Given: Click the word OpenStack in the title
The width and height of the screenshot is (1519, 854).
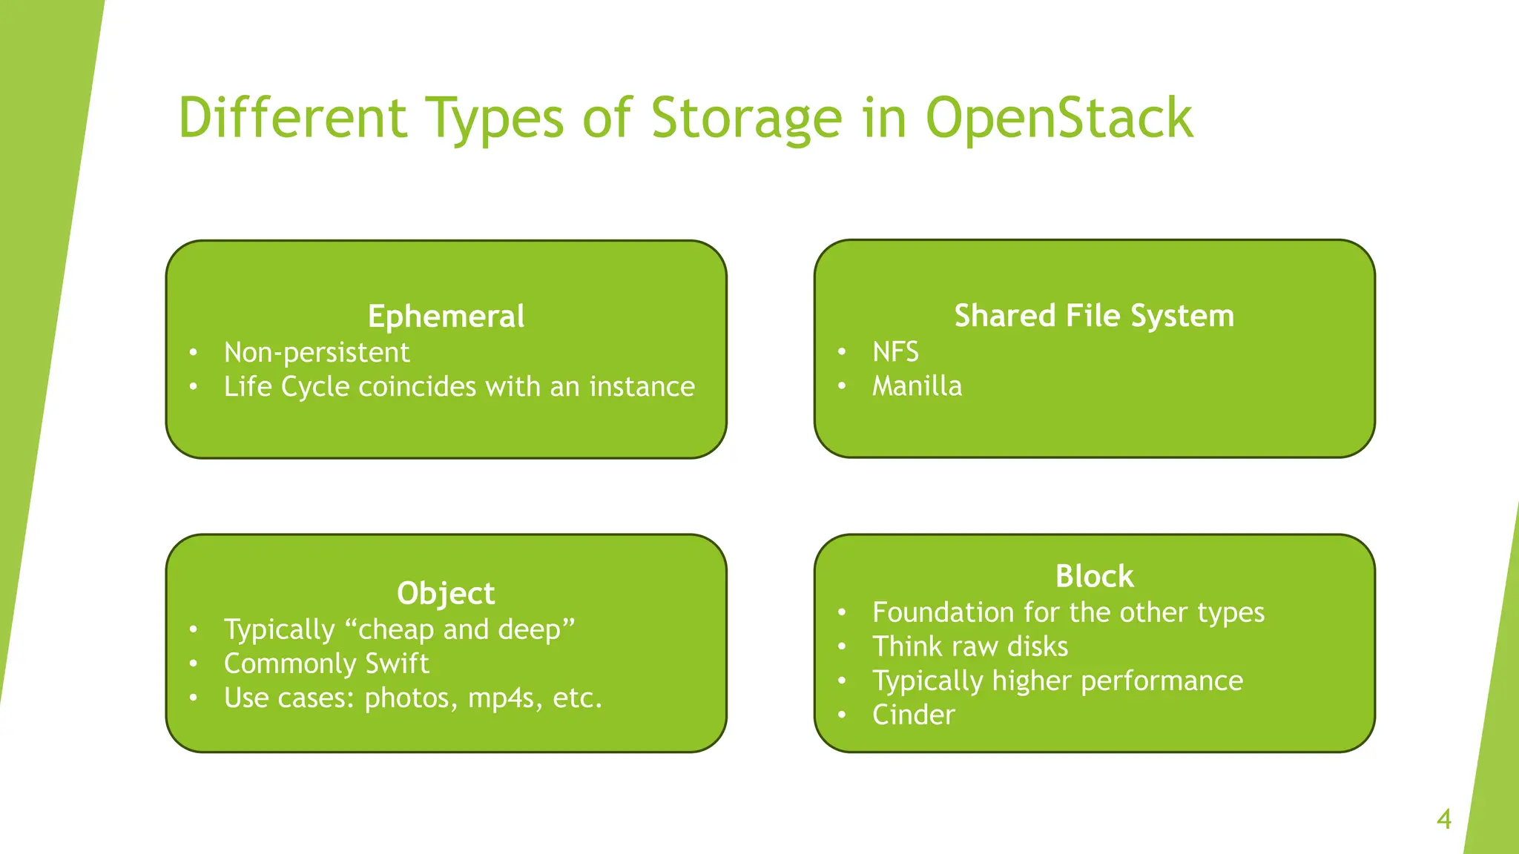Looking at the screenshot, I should pos(1059,119).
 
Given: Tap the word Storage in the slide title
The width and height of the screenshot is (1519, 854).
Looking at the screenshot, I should pos(746,119).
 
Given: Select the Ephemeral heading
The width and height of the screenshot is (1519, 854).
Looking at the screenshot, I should pos(446,317).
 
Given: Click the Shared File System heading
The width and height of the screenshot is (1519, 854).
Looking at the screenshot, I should pos(1094,316).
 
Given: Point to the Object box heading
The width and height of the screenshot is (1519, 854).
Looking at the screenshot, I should pos(446,593).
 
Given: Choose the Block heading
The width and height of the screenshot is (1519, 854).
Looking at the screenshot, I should pos(1094,576).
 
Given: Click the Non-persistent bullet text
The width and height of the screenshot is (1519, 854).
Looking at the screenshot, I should pos(317,352).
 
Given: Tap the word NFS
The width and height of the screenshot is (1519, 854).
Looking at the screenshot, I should pos(895,351).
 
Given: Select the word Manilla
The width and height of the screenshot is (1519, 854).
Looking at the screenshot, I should pos(917,386).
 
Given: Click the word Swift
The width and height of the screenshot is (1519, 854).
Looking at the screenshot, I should pos(397,663).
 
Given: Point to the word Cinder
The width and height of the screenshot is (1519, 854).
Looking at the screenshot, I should pos(913,715).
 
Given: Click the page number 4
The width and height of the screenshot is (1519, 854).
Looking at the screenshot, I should pos(1443,819).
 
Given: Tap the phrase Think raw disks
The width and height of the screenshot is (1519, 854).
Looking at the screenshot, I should pos(970,646).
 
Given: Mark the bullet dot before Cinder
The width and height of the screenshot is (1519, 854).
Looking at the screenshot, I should pos(842,715).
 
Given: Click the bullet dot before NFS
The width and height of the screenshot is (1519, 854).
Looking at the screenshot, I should pos(842,352).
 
